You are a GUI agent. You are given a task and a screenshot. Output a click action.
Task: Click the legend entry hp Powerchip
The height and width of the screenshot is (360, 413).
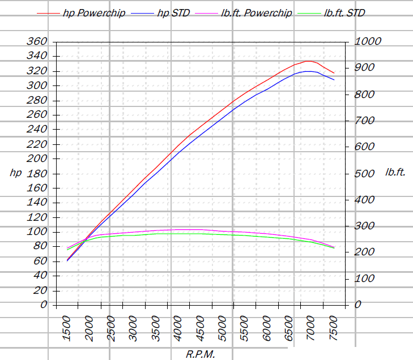pos(81,13)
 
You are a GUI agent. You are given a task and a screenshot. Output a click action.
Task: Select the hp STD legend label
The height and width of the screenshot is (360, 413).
pos(160,13)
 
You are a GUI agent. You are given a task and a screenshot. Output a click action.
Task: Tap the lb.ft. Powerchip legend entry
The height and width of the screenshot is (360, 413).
pos(244,13)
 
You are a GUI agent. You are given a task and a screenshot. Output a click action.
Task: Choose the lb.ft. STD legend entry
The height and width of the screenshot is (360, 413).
pos(331,13)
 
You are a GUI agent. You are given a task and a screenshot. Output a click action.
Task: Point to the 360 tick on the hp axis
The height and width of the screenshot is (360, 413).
pos(37,41)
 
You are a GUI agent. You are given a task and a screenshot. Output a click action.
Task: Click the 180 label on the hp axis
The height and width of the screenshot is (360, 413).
pos(37,174)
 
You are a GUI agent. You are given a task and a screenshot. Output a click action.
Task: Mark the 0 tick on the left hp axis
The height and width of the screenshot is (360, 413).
pos(44,305)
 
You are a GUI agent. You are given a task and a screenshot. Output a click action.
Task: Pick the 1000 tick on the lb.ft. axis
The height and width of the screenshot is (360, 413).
pos(368,41)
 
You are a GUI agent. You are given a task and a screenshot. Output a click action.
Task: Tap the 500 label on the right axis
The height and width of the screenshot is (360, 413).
pos(364,174)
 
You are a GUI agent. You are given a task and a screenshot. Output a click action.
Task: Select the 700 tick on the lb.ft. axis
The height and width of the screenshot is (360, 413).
pos(364,121)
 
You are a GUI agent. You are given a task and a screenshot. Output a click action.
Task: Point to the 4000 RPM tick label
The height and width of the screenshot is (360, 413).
pos(178,329)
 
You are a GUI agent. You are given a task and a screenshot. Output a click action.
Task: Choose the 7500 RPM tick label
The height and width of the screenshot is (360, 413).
pos(334,329)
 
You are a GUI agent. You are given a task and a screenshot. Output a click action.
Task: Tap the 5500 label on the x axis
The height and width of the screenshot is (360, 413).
pos(245,329)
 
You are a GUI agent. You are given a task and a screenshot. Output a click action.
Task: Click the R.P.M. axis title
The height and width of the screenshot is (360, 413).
pos(201,354)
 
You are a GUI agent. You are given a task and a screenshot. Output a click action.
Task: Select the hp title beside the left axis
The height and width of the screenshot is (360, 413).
pos(16,173)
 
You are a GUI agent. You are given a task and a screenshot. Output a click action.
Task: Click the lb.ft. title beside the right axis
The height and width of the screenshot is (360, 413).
pos(395,172)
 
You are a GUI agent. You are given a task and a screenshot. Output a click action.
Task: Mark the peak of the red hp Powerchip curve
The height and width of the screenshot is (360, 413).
pos(309,61)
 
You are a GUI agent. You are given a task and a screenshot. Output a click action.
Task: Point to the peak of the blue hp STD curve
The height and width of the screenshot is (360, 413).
pos(309,71)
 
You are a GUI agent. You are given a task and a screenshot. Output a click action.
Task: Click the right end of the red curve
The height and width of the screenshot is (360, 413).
pos(334,73)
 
